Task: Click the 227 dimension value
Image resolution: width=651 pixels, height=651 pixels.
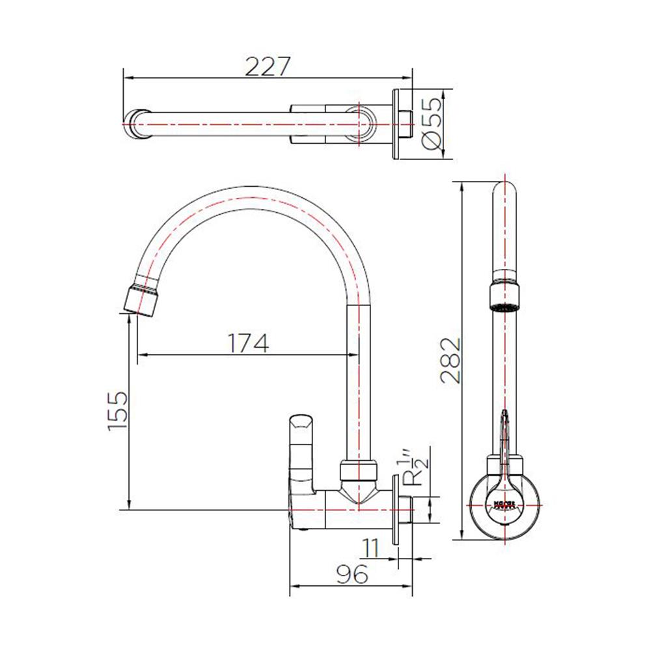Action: point(266,66)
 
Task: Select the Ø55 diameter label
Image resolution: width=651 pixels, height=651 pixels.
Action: point(432,123)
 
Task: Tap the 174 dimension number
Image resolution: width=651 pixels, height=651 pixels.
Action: point(247,342)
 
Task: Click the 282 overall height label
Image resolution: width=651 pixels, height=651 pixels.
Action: point(449,361)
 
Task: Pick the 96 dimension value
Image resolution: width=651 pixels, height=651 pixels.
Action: point(352,573)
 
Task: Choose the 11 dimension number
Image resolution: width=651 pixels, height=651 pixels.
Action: point(371,547)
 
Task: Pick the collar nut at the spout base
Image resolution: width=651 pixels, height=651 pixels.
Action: point(359,470)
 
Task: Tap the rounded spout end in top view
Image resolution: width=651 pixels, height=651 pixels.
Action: point(138,124)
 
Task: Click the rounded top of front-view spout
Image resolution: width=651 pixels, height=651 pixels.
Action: point(506,192)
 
